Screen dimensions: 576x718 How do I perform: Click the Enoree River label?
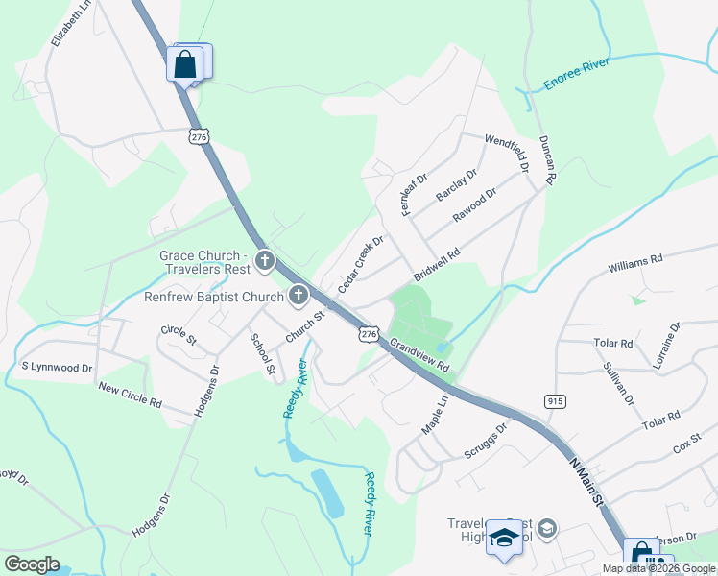point(577,75)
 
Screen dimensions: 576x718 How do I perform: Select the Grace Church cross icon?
point(264,260)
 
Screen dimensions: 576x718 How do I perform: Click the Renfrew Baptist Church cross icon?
point(299,295)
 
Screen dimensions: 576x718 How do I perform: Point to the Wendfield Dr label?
point(507,153)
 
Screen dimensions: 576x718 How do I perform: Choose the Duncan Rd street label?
point(548,159)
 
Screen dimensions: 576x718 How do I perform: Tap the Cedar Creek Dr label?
point(361,265)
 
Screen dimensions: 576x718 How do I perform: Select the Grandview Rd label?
point(419,353)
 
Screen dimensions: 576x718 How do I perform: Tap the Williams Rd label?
point(635,260)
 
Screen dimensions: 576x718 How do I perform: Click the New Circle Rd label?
point(131,394)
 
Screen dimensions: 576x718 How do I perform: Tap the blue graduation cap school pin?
point(502,539)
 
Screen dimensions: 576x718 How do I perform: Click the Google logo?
point(32,564)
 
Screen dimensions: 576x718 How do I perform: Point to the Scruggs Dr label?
point(486,442)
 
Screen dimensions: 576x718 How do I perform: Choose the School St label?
point(262,353)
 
